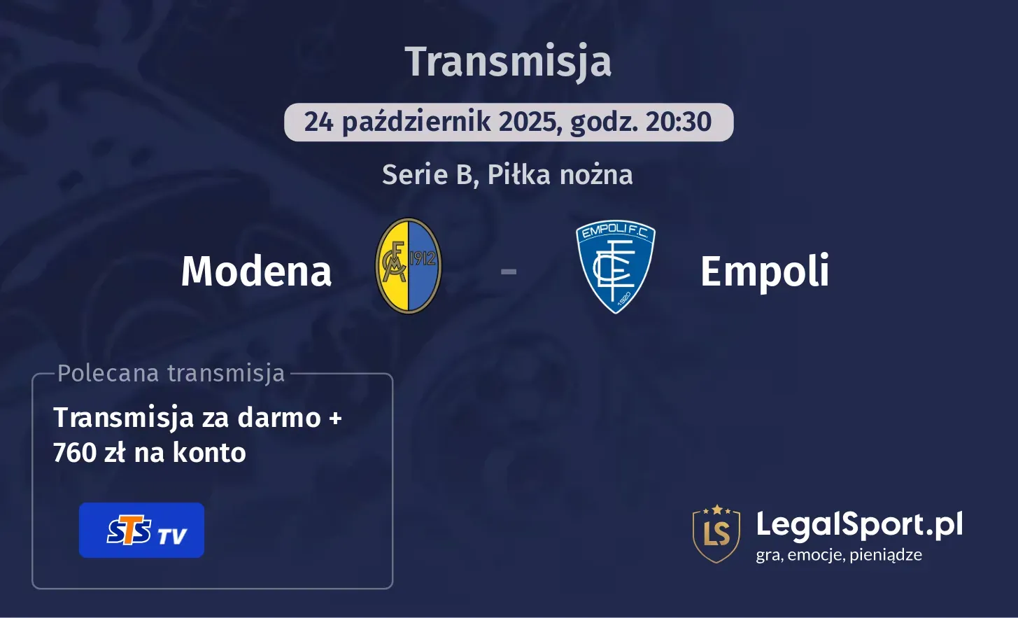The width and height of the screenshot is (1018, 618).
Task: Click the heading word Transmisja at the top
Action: coord(508,62)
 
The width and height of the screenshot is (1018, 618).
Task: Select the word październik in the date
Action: coord(416,122)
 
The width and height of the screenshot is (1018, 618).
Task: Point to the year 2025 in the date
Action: coord(528,122)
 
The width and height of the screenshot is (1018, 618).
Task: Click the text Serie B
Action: coord(430,175)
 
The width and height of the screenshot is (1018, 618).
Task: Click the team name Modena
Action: coord(256,272)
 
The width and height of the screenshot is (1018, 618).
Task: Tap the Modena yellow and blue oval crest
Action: coord(408,266)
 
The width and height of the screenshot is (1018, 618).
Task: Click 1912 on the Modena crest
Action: coord(423,259)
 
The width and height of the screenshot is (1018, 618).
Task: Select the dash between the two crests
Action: coord(508,272)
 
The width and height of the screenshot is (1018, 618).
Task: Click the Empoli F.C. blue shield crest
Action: coord(615,267)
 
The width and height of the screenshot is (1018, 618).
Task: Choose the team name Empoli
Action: coord(765,272)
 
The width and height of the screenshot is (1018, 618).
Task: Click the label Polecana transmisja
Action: coord(171,373)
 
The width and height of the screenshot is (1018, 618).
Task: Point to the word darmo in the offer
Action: coord(279,417)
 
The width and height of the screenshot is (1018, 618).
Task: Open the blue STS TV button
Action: coord(141,531)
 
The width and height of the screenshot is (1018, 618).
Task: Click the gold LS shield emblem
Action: coord(716,533)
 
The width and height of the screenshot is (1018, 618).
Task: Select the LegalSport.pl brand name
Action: coord(859,525)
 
